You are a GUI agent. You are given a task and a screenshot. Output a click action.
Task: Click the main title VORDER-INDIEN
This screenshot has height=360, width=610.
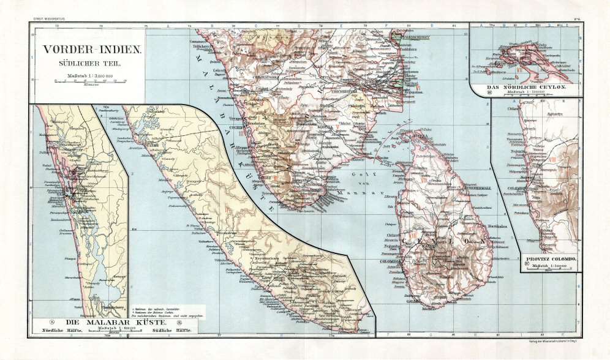90,52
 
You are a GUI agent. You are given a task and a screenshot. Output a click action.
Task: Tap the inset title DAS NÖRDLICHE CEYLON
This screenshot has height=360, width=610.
525,88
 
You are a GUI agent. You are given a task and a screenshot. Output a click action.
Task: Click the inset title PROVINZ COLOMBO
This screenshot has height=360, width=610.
551,260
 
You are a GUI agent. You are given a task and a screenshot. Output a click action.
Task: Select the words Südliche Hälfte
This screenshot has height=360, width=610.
173,331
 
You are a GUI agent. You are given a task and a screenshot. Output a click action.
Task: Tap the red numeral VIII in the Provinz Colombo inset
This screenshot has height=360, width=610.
553,160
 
